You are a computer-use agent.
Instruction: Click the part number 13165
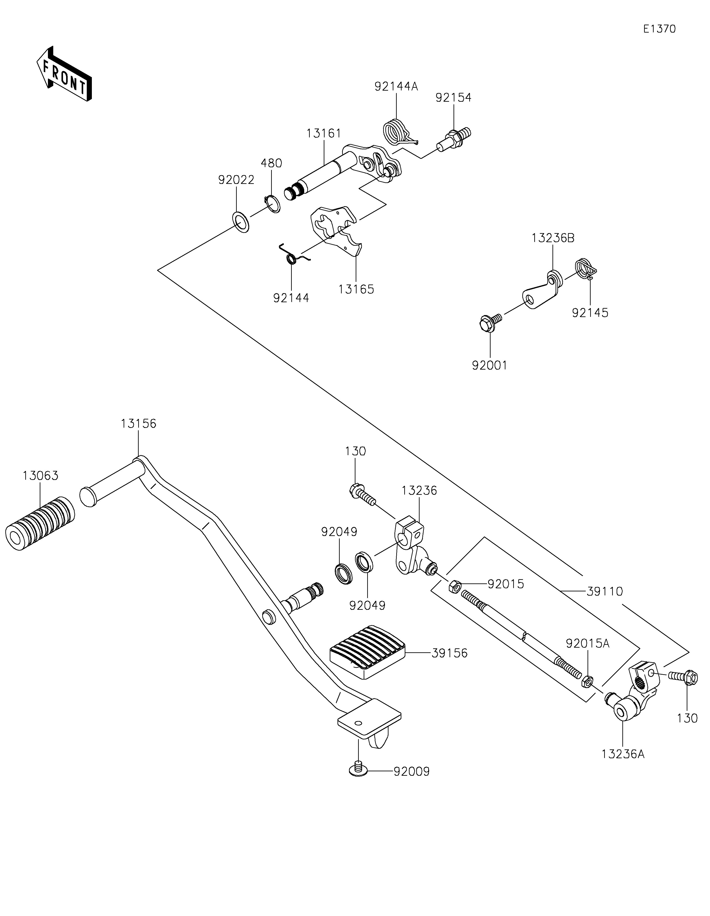click(x=356, y=289)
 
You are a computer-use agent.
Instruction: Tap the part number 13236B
click(x=552, y=238)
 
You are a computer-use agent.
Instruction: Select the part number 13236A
click(x=623, y=754)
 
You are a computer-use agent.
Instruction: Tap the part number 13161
click(x=324, y=133)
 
